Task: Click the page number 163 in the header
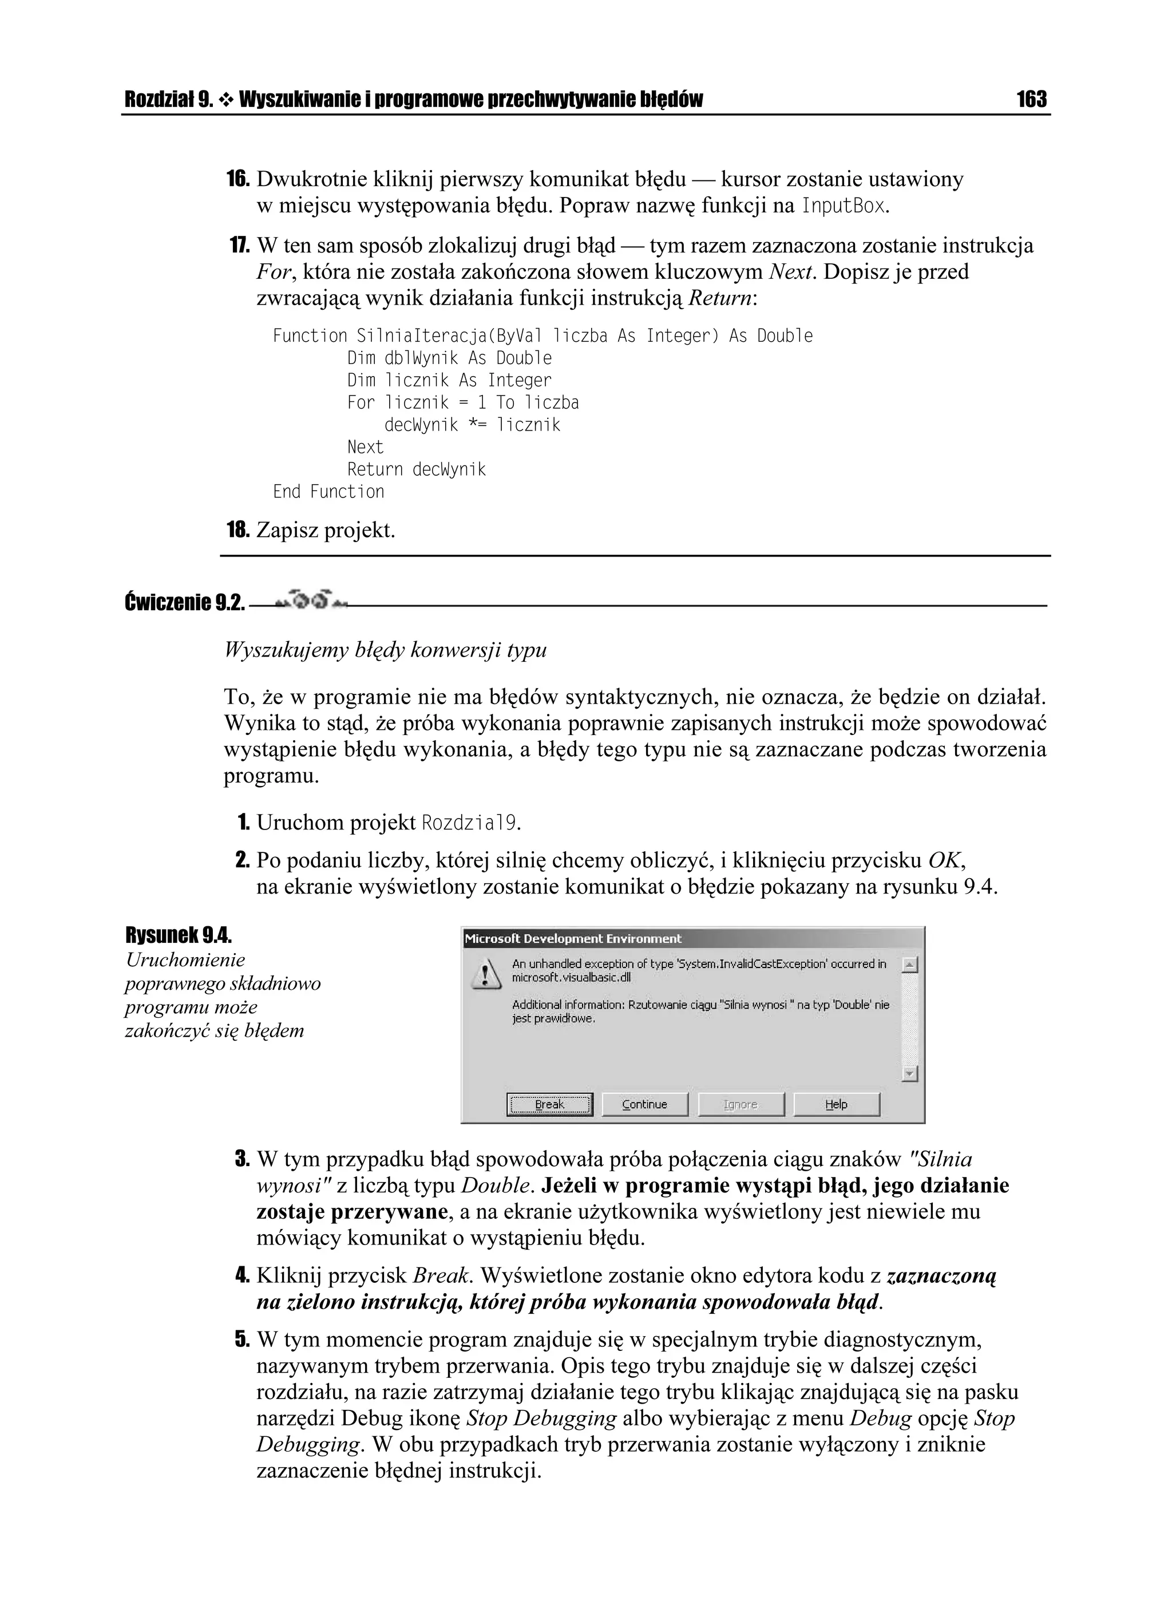tap(1031, 99)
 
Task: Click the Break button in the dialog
tap(549, 1104)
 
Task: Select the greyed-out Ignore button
tap(741, 1104)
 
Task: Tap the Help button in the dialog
tap(836, 1104)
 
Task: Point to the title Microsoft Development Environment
tap(573, 938)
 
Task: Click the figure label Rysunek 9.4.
tap(179, 934)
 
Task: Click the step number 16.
tap(238, 179)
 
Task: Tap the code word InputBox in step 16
tap(843, 207)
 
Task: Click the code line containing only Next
tap(365, 447)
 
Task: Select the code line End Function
tap(328, 492)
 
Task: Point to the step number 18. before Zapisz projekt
tap(238, 530)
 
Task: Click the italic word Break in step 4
tap(441, 1276)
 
